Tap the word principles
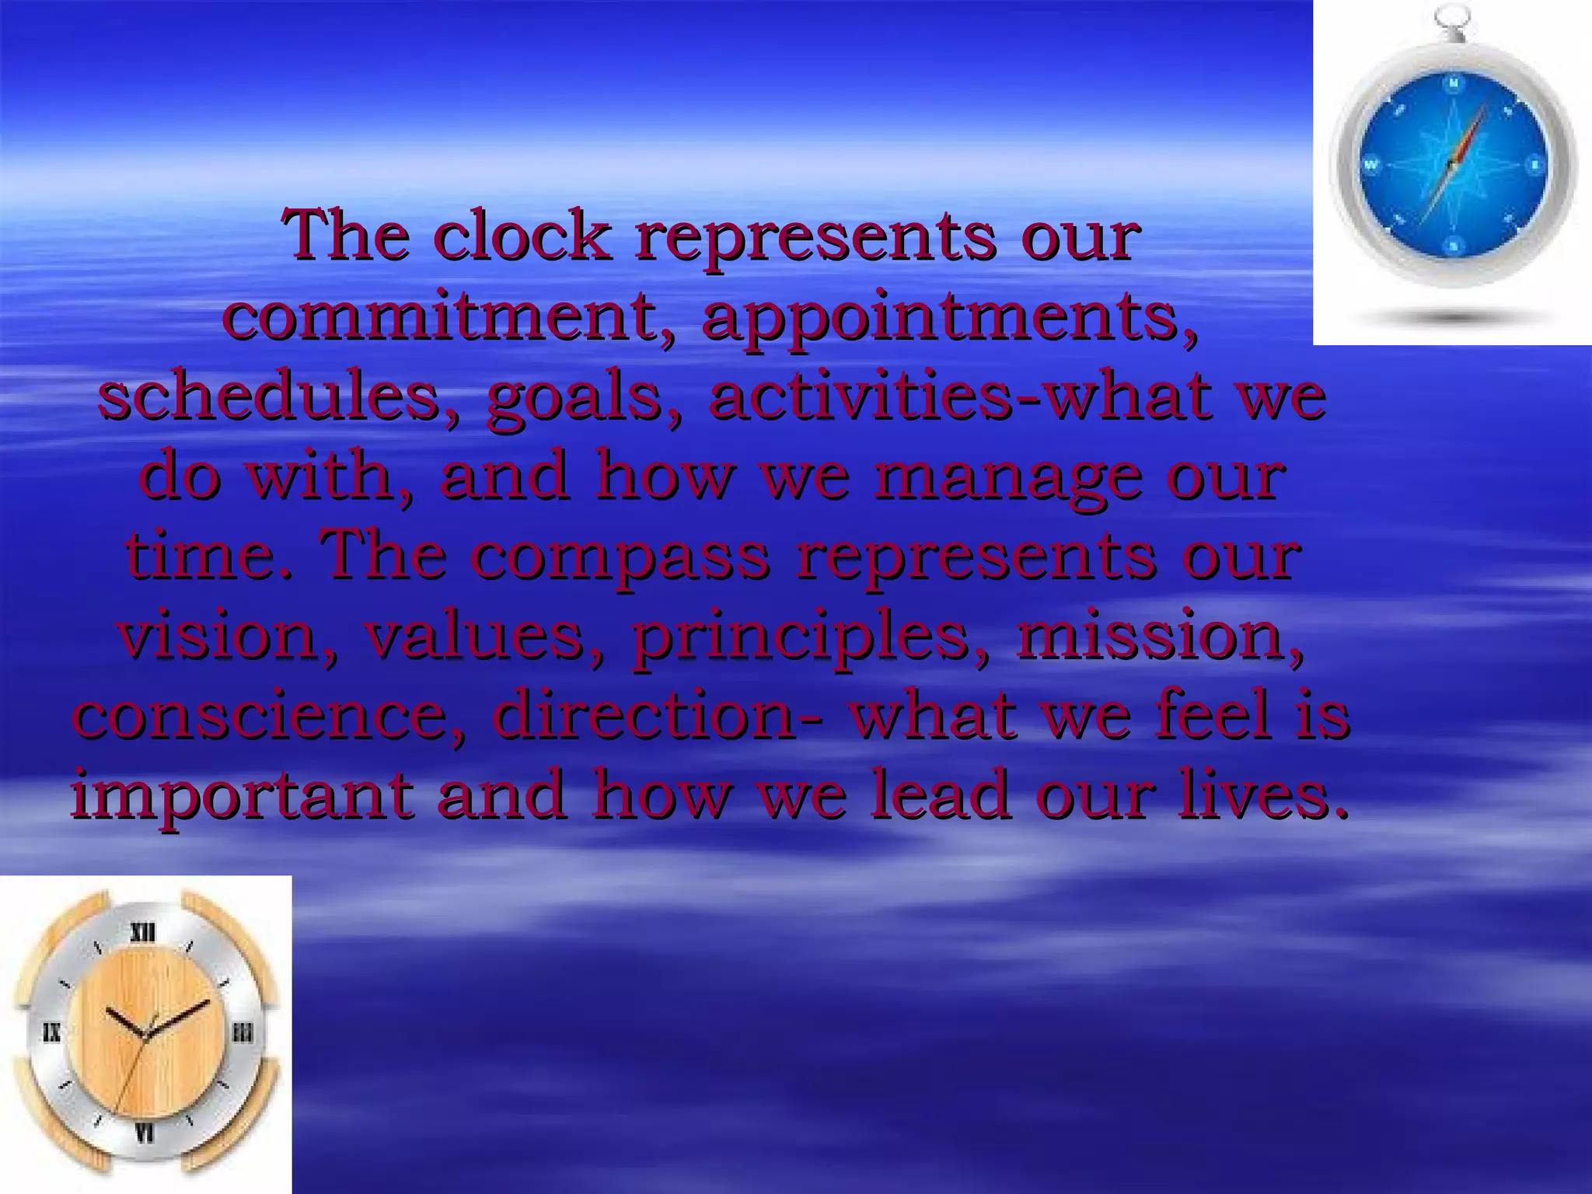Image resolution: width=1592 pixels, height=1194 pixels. click(x=809, y=638)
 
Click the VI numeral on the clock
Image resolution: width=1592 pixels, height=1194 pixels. click(x=145, y=1134)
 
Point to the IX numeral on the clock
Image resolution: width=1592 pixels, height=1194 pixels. click(x=51, y=1033)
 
